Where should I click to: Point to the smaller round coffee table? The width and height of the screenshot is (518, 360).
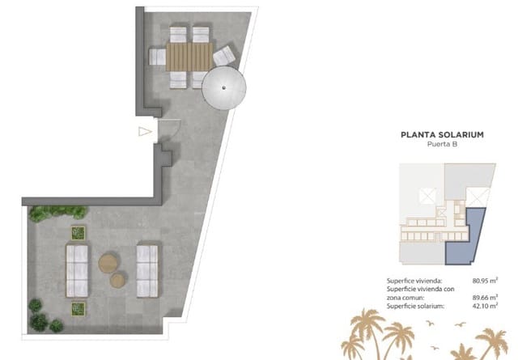[118, 281]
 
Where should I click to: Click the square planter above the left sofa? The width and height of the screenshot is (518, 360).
[79, 233]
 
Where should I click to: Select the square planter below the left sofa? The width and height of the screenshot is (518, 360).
[79, 307]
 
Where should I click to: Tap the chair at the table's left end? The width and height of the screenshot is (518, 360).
[158, 57]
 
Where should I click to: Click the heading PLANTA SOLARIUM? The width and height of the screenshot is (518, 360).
[442, 136]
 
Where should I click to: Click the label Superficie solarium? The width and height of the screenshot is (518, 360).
[414, 306]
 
